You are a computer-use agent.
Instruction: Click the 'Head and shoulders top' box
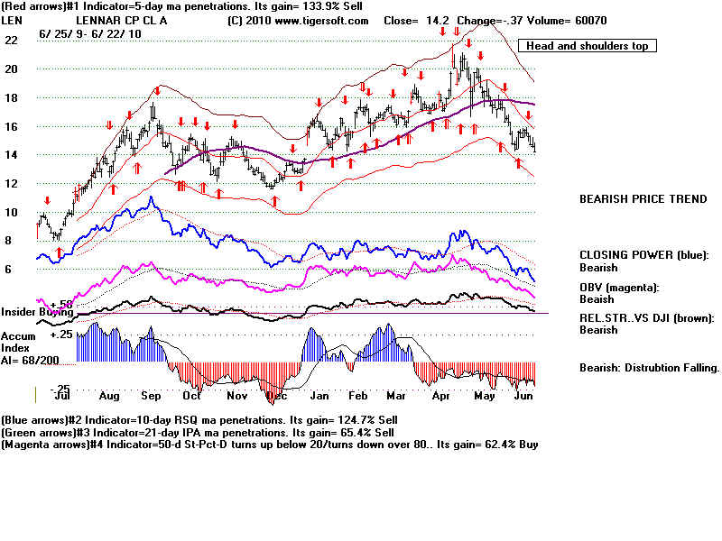tap(588, 46)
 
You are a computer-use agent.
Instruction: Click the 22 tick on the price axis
tap(11, 41)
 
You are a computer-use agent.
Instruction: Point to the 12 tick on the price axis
tap(11, 183)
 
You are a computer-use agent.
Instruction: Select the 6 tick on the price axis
tap(8, 269)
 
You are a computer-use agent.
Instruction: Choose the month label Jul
tap(63, 395)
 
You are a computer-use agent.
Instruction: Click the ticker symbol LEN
tap(13, 20)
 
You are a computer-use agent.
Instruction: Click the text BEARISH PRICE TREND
tap(643, 199)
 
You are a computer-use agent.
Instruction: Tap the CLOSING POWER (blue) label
tap(643, 255)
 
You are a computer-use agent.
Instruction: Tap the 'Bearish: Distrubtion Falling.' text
tap(649, 367)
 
